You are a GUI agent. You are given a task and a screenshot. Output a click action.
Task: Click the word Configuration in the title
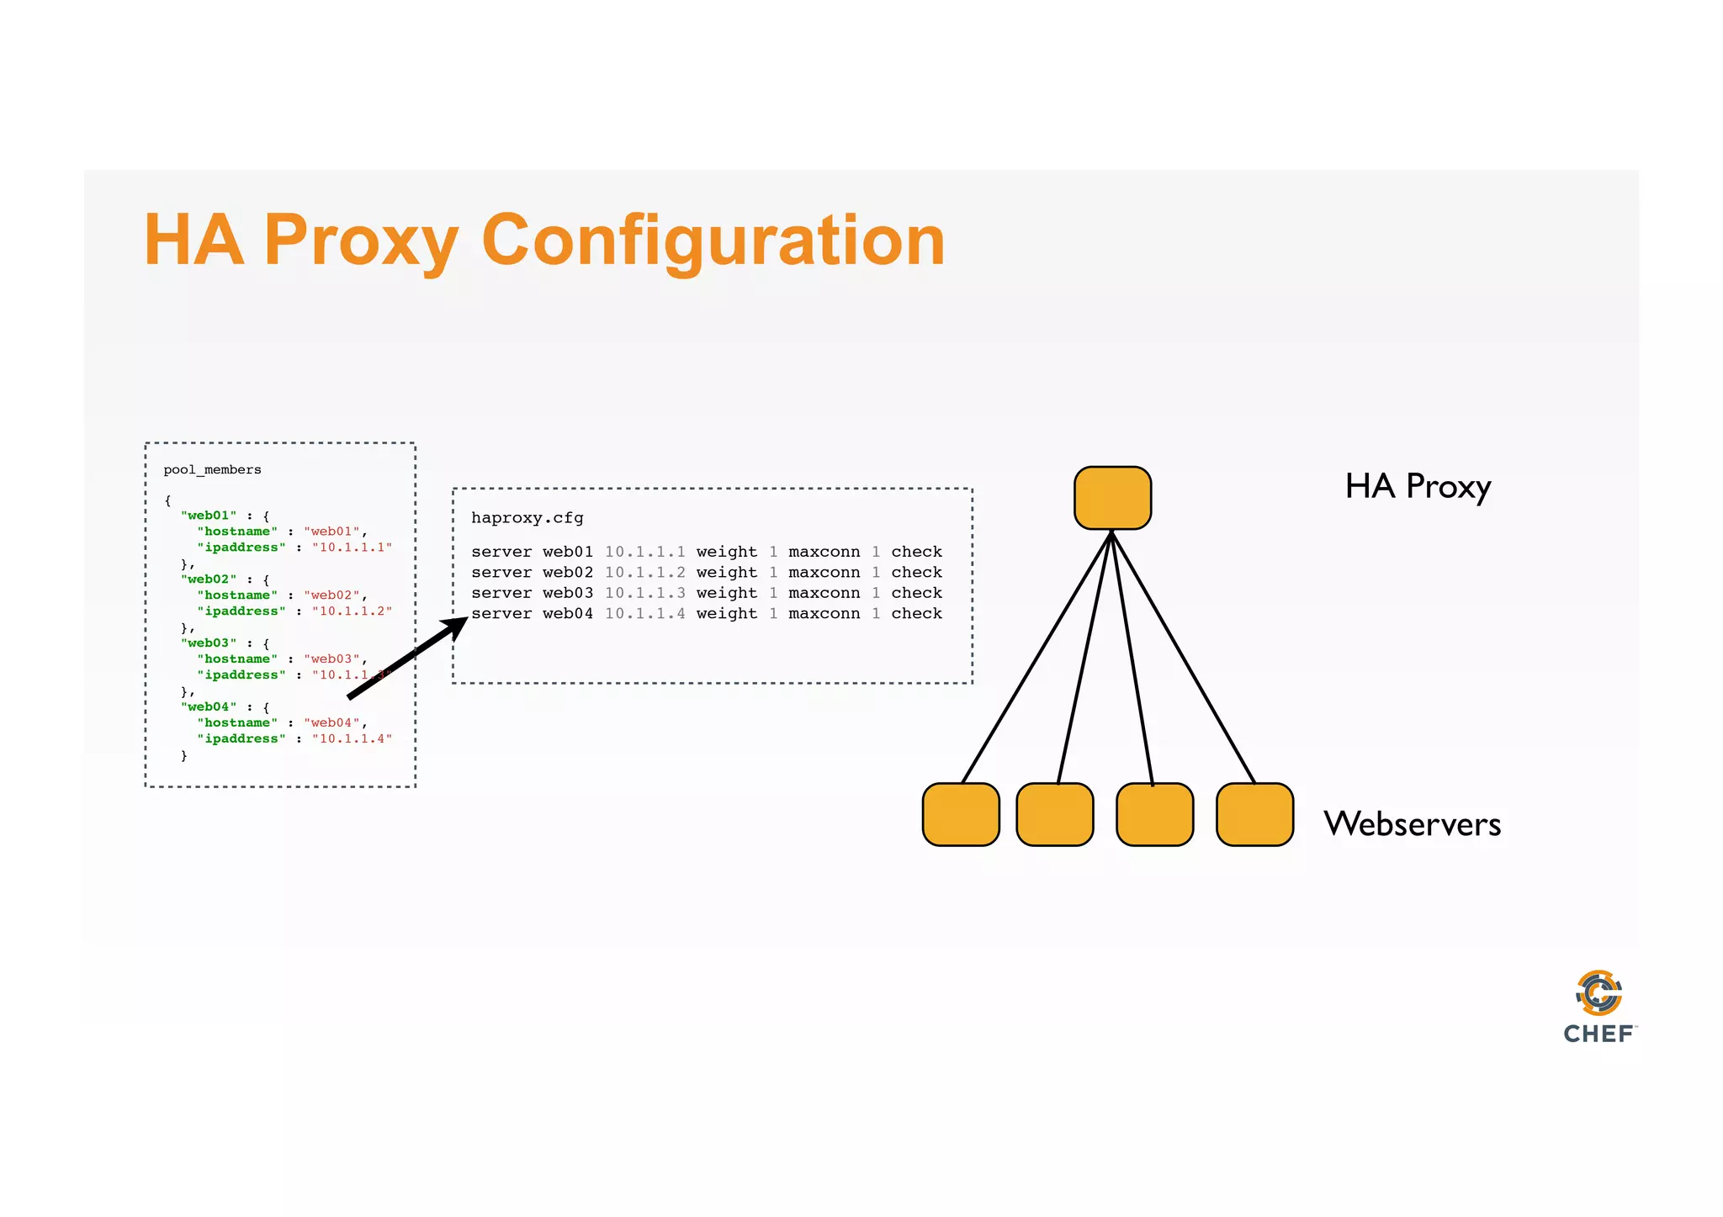coord(713,241)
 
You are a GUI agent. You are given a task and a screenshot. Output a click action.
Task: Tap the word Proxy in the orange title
coord(362,241)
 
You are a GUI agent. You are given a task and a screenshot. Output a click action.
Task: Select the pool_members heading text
coord(212,470)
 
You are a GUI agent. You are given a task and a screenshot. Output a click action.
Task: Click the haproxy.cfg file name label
coord(527,518)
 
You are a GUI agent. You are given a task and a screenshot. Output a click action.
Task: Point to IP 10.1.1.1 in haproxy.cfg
coord(644,552)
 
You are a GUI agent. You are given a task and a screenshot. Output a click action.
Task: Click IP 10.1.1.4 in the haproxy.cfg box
coord(644,614)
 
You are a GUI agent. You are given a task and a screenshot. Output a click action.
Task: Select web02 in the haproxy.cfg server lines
coord(567,573)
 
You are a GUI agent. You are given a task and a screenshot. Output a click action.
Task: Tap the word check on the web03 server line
coord(916,593)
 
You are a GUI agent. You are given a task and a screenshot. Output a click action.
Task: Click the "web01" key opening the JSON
coord(209,516)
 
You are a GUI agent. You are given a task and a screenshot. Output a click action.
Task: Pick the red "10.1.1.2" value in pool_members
coord(352,611)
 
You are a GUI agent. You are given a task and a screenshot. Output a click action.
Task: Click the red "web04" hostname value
coord(331,723)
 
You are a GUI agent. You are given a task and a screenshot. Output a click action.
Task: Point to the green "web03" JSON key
coord(209,643)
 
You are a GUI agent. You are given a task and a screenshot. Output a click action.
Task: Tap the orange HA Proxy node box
coord(1112,498)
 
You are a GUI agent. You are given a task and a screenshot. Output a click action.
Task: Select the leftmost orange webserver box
coord(961,814)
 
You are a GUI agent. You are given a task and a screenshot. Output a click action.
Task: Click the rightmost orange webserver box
coord(1254,814)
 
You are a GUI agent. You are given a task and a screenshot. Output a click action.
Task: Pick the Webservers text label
coord(1412,824)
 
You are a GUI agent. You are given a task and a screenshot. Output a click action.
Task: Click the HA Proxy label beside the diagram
coord(1418,487)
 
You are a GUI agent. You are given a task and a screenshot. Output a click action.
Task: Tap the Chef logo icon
coord(1598,993)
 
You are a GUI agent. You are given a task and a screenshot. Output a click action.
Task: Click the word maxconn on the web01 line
coord(824,552)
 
